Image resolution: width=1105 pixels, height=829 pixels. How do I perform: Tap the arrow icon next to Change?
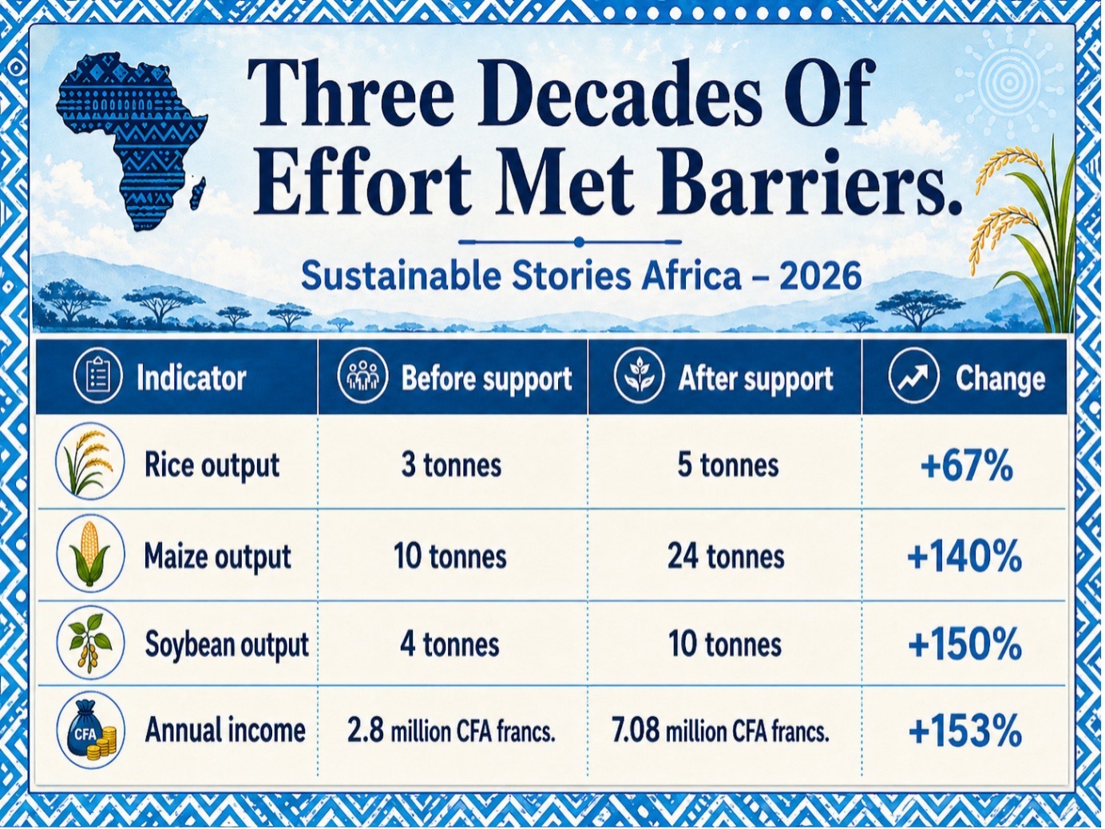click(913, 378)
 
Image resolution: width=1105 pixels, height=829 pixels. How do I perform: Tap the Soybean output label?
click(227, 645)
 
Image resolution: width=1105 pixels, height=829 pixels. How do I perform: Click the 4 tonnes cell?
click(450, 645)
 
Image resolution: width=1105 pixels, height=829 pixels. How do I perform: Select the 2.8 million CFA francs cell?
click(451, 732)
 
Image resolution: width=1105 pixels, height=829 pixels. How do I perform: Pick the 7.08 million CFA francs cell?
click(720, 732)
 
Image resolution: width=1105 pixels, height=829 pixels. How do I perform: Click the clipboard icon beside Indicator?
click(97, 378)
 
